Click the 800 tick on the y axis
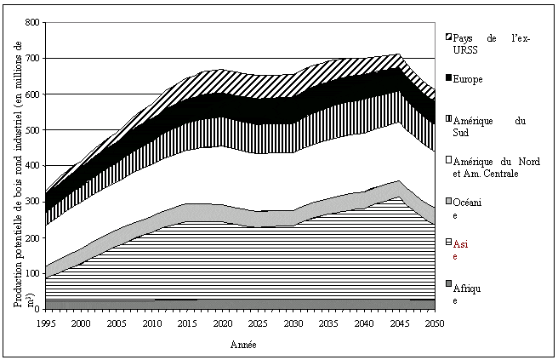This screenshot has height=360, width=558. tap(33, 23)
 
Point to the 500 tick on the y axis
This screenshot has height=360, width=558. tap(33, 130)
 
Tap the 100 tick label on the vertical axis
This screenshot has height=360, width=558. tap(33, 273)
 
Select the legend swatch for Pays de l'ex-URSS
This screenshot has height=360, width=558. tap(448, 38)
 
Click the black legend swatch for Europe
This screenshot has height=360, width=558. tap(448, 80)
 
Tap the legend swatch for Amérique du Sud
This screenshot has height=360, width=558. tap(448, 121)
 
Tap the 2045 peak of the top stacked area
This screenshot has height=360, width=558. tap(398, 54)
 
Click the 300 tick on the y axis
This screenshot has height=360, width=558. tap(33, 202)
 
